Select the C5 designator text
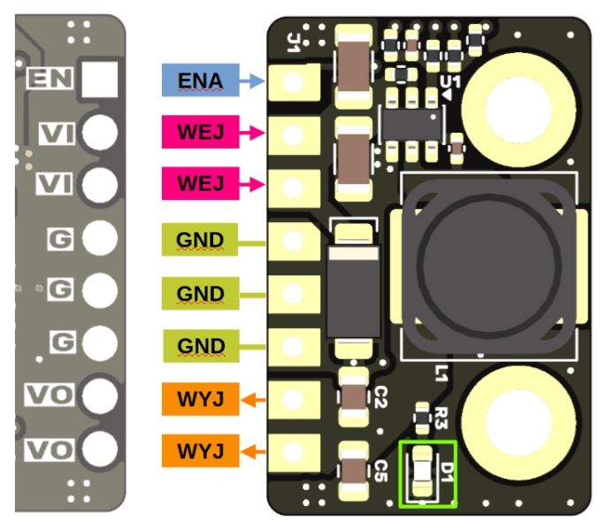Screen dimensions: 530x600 pyautogui.click(x=381, y=466)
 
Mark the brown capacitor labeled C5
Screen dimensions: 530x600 pyautogui.click(x=353, y=468)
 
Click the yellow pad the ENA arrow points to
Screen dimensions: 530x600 pyautogui.click(x=293, y=82)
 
